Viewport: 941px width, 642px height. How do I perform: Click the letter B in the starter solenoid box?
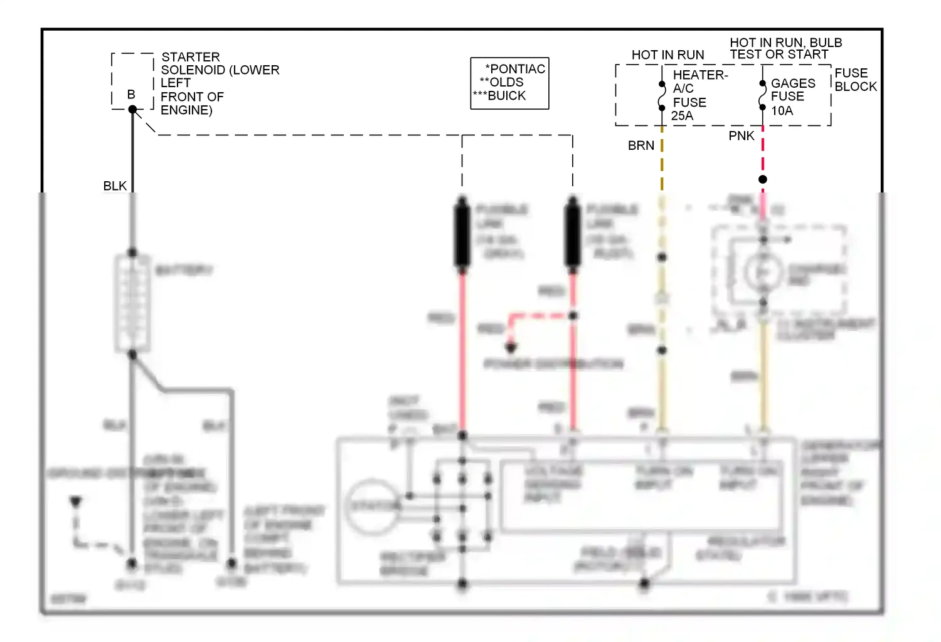(131, 95)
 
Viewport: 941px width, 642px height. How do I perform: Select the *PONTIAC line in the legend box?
(515, 69)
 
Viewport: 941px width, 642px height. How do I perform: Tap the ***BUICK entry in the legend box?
(499, 96)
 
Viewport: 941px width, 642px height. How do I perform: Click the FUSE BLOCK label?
(855, 80)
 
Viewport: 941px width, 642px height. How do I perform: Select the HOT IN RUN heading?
(667, 55)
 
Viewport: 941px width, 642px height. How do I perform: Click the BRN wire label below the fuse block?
(641, 145)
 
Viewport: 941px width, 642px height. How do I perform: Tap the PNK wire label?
(741, 136)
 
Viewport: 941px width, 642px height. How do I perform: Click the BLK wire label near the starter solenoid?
(115, 186)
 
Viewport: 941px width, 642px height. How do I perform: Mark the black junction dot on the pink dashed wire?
(763, 179)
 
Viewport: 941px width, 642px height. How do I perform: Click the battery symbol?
(132, 303)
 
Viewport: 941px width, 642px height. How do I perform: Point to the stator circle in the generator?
(373, 506)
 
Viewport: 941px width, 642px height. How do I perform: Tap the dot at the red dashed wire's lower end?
(511, 346)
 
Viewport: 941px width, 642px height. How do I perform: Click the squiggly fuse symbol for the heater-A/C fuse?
(662, 96)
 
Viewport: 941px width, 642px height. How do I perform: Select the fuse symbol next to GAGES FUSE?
(762, 95)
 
